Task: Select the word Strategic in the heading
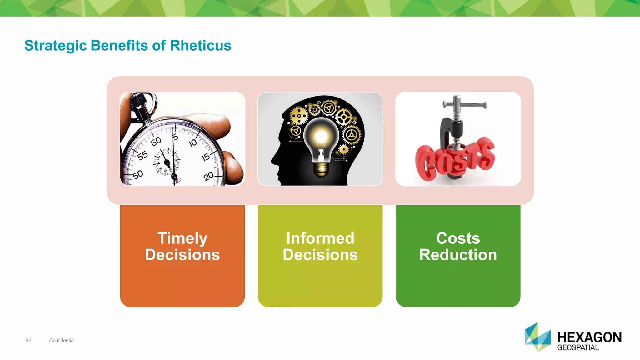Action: [55, 46]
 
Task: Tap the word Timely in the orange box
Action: [182, 238]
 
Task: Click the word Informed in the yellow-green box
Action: [320, 238]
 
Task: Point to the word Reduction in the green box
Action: [458, 255]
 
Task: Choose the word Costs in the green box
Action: [458, 238]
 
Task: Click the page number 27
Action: [28, 341]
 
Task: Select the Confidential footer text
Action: [62, 341]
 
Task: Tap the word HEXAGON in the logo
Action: [589, 337]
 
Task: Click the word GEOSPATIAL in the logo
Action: [578, 348]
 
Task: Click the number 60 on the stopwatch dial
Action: [156, 142]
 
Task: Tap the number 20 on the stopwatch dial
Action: [208, 176]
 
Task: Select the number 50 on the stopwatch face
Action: [137, 175]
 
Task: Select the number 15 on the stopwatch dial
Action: [206, 157]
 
